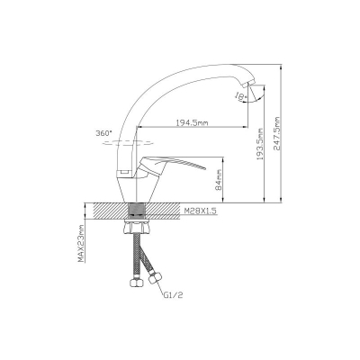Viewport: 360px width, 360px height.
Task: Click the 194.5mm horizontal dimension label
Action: tap(192, 122)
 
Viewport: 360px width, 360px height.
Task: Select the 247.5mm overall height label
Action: tap(276, 133)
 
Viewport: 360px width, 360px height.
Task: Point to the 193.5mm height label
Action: tap(260, 144)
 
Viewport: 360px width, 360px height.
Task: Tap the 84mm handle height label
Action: tap(219, 179)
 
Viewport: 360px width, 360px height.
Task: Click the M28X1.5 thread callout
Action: tap(200, 211)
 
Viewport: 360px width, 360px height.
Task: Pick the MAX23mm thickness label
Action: tap(81, 243)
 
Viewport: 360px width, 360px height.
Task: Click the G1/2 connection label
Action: tap(173, 295)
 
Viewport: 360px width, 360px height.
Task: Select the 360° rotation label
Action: tap(103, 133)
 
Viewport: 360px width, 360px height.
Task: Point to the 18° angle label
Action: tap(241, 96)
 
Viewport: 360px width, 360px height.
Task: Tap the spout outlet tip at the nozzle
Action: tap(250, 84)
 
